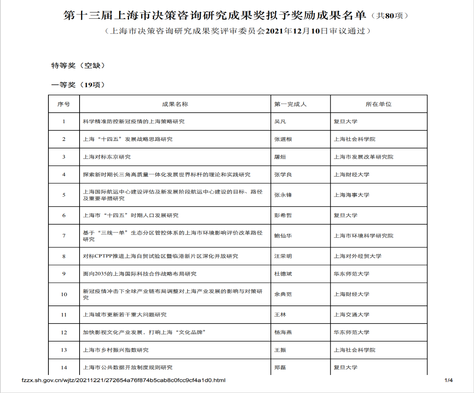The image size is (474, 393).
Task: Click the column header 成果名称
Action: pos(175,104)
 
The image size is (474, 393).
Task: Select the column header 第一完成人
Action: pos(290,104)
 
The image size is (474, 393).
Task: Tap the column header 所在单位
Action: pos(378,104)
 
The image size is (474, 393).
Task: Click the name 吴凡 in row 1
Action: pos(280,121)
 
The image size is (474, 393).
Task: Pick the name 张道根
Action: pos(283,139)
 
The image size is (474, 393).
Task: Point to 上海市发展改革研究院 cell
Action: pos(363,157)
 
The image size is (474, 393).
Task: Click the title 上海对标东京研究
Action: pos(107,157)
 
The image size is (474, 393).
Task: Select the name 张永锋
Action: pos(283,195)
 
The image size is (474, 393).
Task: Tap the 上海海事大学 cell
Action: pos(351,195)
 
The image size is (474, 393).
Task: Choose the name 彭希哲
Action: pos(283,215)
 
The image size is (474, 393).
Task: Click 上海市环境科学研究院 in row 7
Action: pos(363,236)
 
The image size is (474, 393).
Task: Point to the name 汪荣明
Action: pos(283,256)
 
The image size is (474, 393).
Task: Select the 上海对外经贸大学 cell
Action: pos(357,256)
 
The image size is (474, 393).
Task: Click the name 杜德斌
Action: pos(283,274)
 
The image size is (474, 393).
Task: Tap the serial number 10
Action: pos(64,294)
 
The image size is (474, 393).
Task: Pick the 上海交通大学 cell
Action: pos(351,314)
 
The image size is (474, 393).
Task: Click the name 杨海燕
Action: pos(283,332)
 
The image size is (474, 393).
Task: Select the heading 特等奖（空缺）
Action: pos(78,65)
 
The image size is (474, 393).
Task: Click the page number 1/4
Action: pos(448,380)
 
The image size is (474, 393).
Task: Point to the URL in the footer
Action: pos(123,380)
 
